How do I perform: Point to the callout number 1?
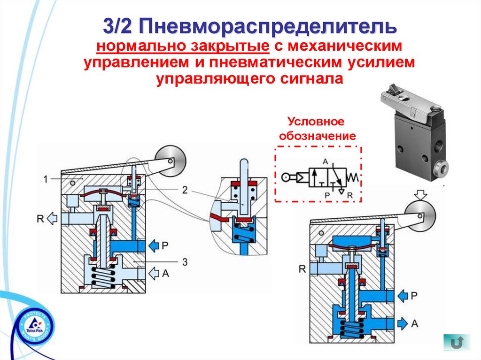pos(45,178)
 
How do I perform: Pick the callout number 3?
pos(185,261)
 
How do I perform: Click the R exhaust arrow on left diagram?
pos(53,218)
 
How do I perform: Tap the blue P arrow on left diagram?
pos(155,245)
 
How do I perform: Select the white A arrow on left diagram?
pos(154,272)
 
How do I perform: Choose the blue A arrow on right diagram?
pos(403,323)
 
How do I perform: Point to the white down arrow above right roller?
pos(419,194)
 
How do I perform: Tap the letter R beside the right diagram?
pos(302,269)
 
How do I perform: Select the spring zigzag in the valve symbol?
pos(354,177)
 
